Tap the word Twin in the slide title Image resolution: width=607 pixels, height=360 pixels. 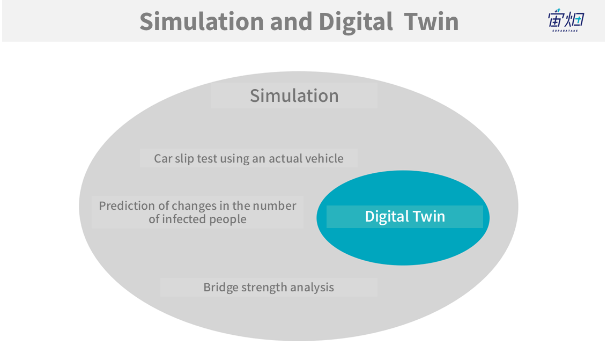(x=432, y=21)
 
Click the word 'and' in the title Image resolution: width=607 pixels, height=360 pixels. (x=291, y=21)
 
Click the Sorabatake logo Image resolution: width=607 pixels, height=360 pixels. (x=566, y=20)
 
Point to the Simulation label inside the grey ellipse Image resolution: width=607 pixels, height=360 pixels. (x=294, y=95)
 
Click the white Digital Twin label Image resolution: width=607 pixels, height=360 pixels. (x=405, y=216)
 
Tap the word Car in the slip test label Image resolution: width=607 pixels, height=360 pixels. (x=163, y=158)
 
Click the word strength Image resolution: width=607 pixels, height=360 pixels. (x=264, y=288)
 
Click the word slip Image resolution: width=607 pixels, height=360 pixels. (x=184, y=159)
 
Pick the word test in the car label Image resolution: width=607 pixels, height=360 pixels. (x=207, y=158)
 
